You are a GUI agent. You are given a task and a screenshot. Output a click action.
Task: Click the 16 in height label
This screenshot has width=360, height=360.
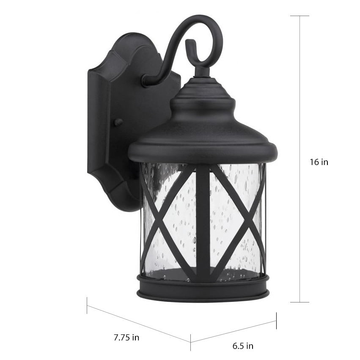[319, 162]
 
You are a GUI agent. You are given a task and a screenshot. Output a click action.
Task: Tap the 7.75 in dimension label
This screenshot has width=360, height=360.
[126, 338]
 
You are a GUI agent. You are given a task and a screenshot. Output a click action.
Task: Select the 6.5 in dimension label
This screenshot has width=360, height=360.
[243, 346]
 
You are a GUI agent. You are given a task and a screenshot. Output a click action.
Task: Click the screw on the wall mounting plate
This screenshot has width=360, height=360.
[118, 122]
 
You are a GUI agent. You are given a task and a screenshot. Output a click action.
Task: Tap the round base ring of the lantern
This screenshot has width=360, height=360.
[203, 288]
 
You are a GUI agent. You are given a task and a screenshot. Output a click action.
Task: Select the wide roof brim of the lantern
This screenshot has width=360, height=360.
[203, 150]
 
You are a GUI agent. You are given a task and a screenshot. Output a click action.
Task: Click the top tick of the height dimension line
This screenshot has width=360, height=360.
[300, 16]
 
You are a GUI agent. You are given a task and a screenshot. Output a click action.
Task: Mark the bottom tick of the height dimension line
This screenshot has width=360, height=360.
[300, 302]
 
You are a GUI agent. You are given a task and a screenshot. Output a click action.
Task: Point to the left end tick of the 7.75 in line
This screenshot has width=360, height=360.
[87, 305]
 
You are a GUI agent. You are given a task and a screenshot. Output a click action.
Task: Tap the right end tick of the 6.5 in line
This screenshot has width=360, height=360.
[276, 321]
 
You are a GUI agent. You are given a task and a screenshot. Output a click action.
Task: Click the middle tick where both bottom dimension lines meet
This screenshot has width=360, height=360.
[190, 339]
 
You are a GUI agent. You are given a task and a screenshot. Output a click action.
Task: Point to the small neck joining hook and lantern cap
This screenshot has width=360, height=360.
[202, 72]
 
